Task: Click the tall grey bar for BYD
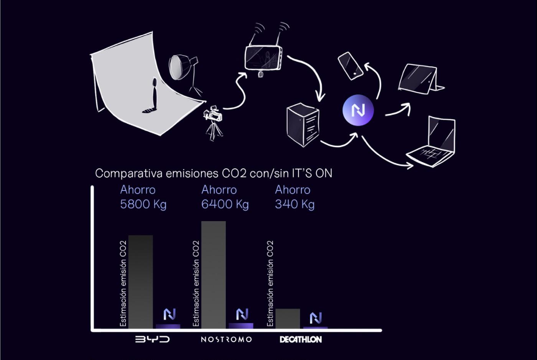tap(140, 282)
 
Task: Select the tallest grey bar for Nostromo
tap(213, 275)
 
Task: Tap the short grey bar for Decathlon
tap(288, 319)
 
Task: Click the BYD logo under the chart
tap(152, 339)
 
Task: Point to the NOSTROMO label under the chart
tap(226, 340)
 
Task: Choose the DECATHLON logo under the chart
tap(301, 340)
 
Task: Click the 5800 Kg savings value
tap(143, 204)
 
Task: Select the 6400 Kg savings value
tap(225, 204)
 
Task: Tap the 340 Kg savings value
tap(295, 204)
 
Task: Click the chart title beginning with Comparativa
tap(214, 173)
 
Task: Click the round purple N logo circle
tap(358, 110)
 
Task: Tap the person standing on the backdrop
tap(153, 96)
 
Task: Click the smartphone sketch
tap(350, 66)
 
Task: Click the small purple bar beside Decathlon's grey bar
tap(315, 328)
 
